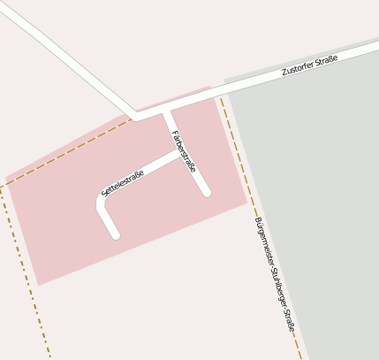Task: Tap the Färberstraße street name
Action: coord(184,151)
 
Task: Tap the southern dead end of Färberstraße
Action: coord(206,192)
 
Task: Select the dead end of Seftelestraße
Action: coord(115,234)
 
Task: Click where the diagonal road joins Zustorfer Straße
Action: coord(134,116)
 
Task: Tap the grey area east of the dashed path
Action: coord(318,195)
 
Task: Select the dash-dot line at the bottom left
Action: coord(27,275)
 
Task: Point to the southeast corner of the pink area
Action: coord(246,203)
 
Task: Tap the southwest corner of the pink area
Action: coord(37,285)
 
